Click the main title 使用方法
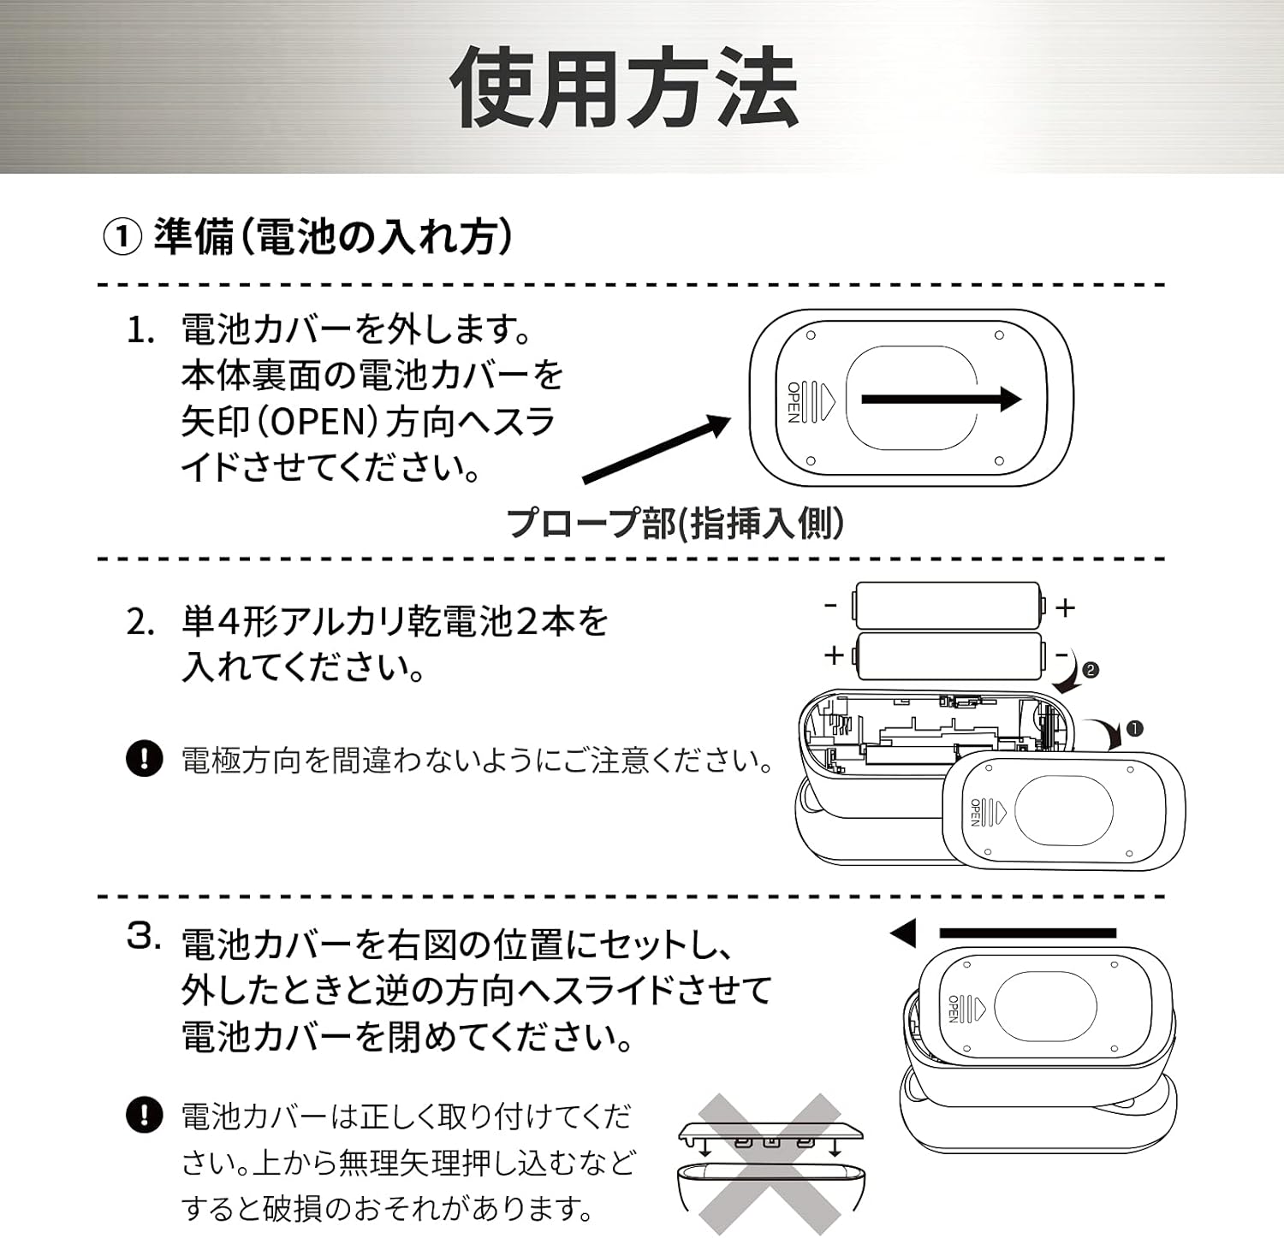click(624, 88)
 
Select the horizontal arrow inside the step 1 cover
click(940, 399)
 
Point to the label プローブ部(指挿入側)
click(675, 522)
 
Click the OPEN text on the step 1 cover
click(793, 401)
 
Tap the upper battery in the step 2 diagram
click(948, 606)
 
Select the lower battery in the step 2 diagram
click(948, 655)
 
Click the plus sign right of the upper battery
click(1065, 607)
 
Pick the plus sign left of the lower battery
click(833, 655)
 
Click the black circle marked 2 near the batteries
click(1090, 670)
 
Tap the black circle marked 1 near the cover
click(1134, 729)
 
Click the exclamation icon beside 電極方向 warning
click(144, 758)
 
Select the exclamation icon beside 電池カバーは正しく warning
click(144, 1115)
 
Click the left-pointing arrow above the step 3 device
click(1002, 933)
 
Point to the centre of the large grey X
click(770, 1164)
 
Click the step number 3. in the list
click(144, 936)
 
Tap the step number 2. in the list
click(140, 622)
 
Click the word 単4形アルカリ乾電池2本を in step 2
click(395, 621)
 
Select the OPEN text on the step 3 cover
click(953, 1009)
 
